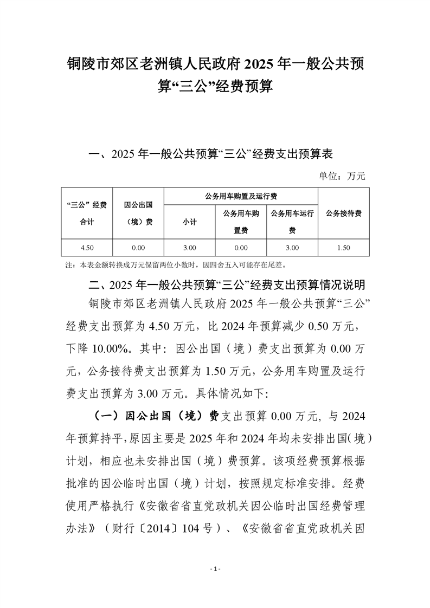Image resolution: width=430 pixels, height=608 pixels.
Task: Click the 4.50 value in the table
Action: tap(87, 248)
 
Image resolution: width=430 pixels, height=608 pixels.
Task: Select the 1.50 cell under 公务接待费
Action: tap(344, 248)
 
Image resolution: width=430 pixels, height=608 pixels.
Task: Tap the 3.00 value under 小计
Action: tap(189, 248)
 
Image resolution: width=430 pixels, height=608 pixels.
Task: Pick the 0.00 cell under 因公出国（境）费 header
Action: tap(138, 248)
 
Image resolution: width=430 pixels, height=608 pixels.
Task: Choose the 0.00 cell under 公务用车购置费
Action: tap(241, 248)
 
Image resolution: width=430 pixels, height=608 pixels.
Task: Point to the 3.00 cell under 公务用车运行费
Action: tap(292, 248)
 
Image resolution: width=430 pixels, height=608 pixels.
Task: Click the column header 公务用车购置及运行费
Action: tap(241, 196)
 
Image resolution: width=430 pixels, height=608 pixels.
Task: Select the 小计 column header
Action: tap(189, 222)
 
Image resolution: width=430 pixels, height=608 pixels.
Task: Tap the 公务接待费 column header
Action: tap(344, 213)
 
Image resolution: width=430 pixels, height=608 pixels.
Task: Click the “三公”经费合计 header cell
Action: tap(87, 213)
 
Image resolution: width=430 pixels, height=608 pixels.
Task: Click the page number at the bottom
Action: tap(215, 569)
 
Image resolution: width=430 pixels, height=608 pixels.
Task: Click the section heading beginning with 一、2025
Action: tap(214, 154)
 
